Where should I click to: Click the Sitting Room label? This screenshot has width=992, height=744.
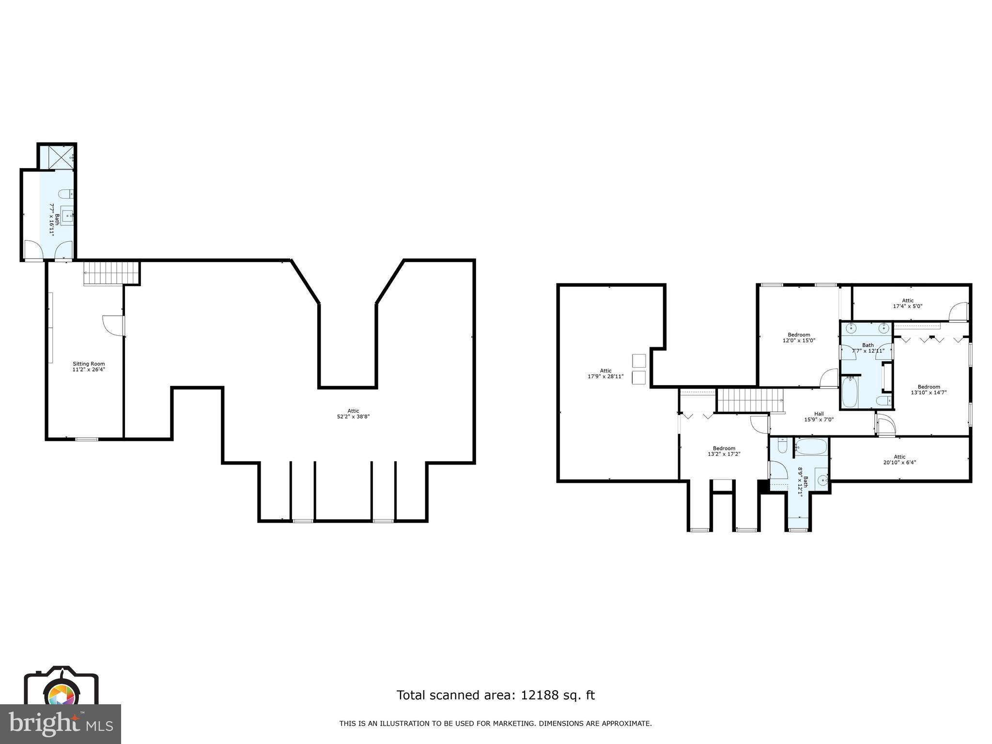click(x=89, y=367)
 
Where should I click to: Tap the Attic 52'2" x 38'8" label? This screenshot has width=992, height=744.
click(x=354, y=414)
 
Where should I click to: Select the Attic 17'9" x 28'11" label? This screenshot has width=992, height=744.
click(x=605, y=373)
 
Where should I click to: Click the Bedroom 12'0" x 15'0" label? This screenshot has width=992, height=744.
click(x=799, y=338)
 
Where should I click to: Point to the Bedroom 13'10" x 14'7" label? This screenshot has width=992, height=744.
click(x=929, y=389)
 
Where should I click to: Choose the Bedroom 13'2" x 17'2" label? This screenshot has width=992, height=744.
click(x=724, y=451)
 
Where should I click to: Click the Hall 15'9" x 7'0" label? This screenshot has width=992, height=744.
click(x=819, y=417)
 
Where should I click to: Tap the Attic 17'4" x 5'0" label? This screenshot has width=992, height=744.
click(x=908, y=303)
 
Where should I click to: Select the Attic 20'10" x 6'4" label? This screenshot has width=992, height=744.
click(x=899, y=459)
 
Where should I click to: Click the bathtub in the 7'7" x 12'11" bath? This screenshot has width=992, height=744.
click(x=850, y=393)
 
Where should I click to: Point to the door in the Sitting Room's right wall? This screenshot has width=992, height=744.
click(x=114, y=325)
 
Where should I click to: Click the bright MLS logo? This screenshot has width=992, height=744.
click(x=60, y=724)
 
